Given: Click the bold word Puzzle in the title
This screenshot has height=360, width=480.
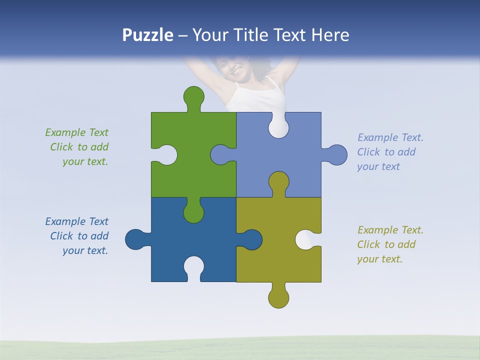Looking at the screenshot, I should pos(148,35).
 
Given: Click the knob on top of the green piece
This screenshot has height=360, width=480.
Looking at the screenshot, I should pos(193,96).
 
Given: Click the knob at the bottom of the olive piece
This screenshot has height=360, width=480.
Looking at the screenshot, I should pos(278,298).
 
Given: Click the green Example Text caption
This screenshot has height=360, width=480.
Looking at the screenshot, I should pos(77,147).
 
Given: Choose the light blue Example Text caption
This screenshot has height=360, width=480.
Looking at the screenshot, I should pos(389,152).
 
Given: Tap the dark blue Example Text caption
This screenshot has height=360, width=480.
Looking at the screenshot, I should pos(77,236).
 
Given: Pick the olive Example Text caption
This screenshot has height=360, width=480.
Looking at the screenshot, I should pos(389,244).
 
